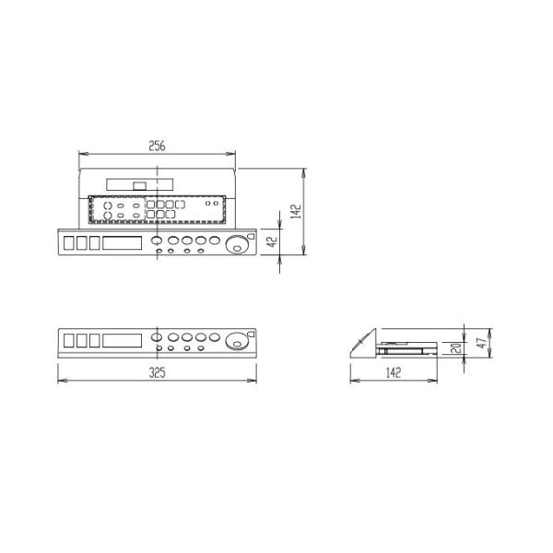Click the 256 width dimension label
point(159,145)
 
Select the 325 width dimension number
point(157,373)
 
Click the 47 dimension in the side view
point(480,344)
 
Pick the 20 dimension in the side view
point(455,348)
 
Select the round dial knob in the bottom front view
point(239,342)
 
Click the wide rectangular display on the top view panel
point(123,243)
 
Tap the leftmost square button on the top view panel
point(69,243)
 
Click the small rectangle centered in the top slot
point(140,185)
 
